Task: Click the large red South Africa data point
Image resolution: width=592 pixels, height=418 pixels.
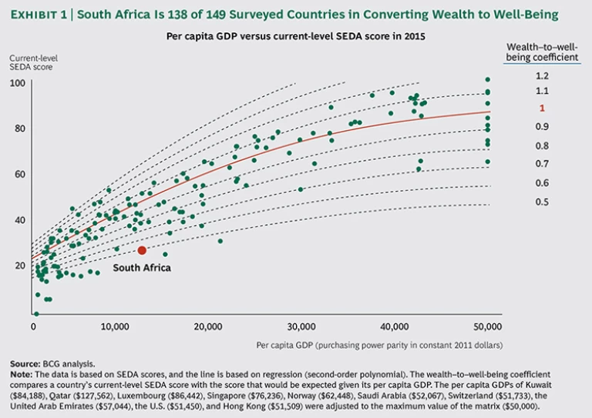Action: (142, 250)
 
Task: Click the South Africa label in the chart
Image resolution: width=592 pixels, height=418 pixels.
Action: (142, 268)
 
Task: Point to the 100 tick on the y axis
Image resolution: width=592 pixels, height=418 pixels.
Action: (17, 82)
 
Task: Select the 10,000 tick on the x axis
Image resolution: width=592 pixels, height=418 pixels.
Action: (114, 326)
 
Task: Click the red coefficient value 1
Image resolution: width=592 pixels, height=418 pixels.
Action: (542, 109)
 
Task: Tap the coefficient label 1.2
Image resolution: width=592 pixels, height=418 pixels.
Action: (542, 75)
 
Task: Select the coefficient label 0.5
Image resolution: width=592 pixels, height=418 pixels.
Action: (542, 202)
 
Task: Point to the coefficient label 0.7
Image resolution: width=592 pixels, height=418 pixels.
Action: (542, 164)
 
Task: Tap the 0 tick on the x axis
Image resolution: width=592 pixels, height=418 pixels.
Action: (34, 326)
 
